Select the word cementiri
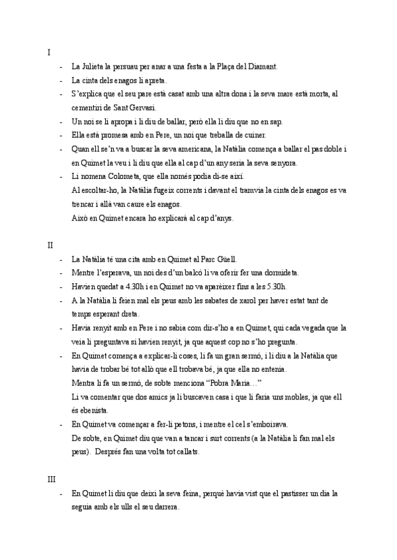click(x=88, y=108)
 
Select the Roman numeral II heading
click(x=50, y=246)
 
